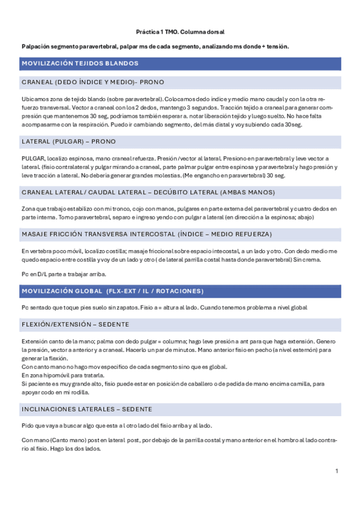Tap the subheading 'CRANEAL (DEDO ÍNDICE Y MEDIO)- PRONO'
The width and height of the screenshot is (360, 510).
[x=93, y=82]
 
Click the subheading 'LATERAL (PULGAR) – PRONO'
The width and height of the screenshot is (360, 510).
[x=69, y=141]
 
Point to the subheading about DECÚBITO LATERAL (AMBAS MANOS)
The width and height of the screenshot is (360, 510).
[x=148, y=192]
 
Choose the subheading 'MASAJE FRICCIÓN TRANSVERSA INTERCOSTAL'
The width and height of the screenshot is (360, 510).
[x=146, y=233]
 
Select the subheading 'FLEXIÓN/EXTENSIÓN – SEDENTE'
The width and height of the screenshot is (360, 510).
[x=75, y=324]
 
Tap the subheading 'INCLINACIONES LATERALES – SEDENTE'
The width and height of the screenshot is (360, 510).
[x=86, y=410]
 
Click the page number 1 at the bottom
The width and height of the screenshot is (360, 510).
[x=337, y=470]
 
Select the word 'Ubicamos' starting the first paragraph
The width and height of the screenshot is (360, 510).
[x=34, y=97]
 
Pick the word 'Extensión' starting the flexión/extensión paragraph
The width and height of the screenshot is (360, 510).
[x=34, y=341]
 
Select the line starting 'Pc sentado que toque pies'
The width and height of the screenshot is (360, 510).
[x=164, y=307]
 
